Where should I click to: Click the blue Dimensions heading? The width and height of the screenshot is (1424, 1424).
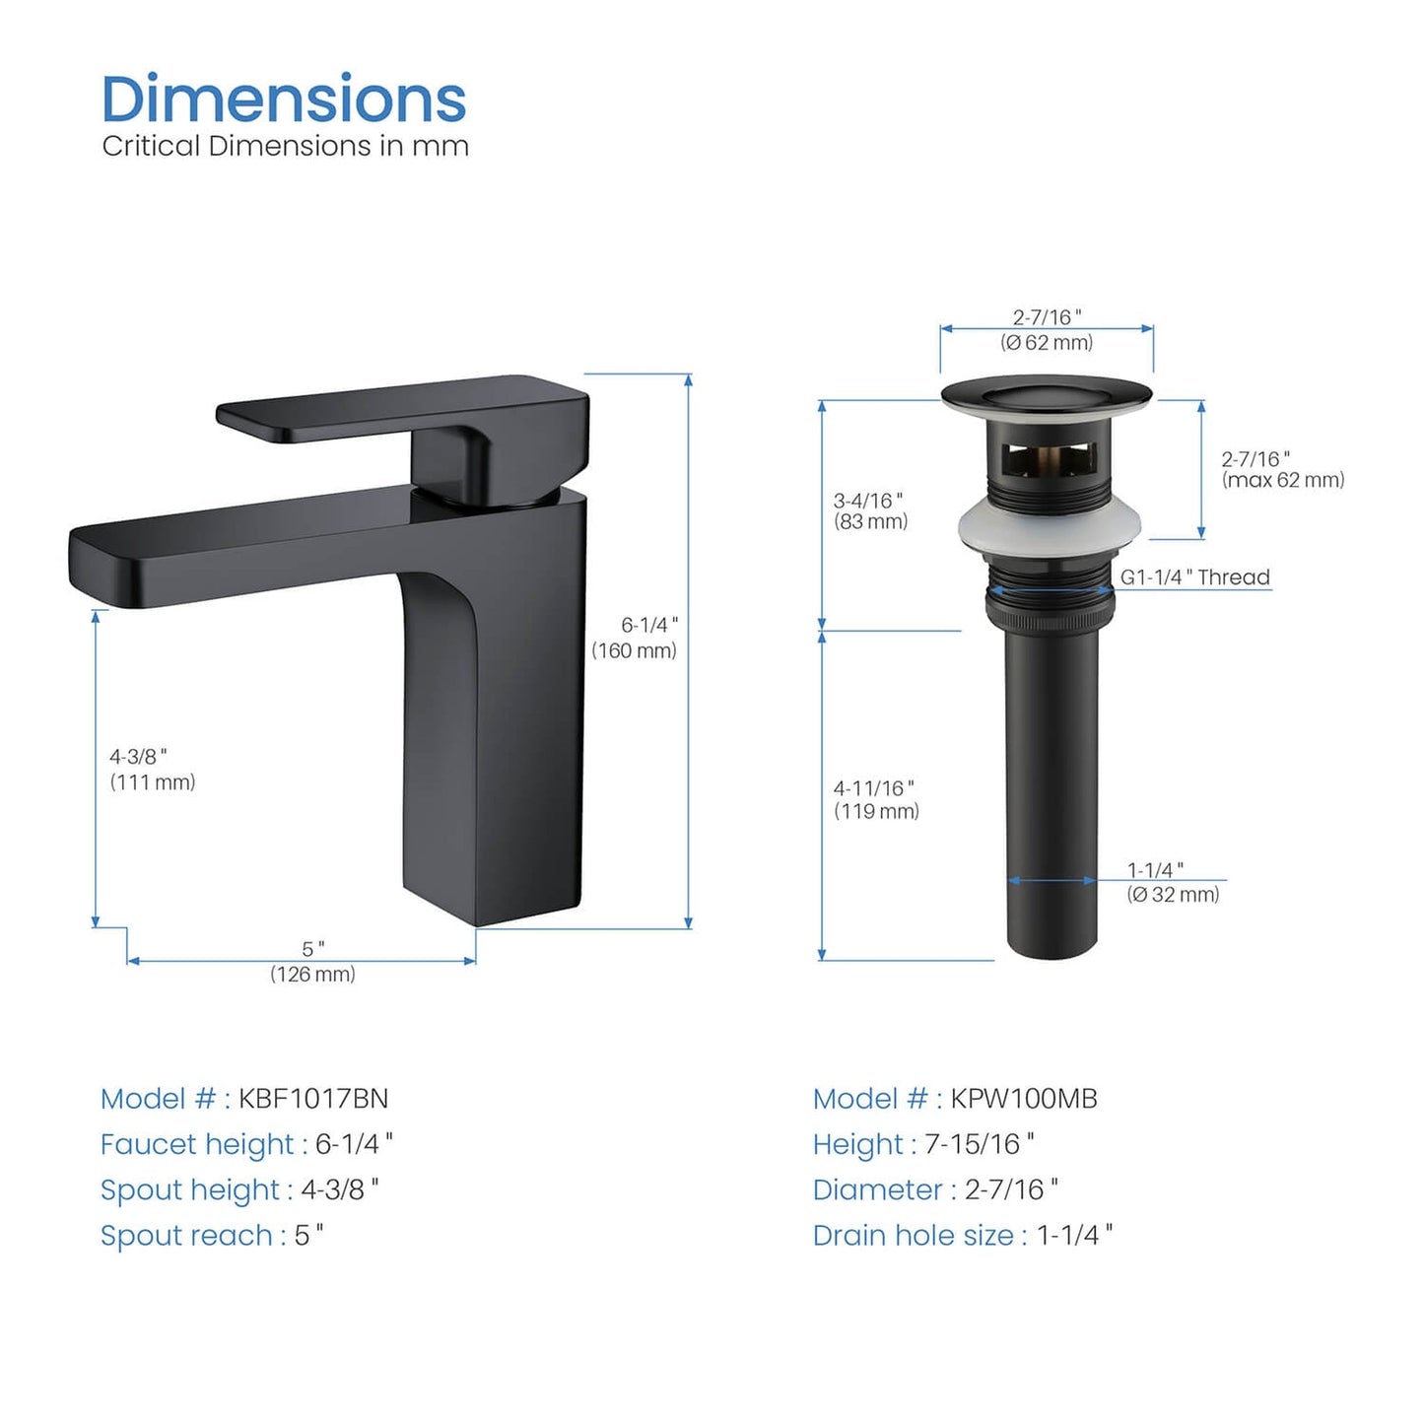[x=284, y=99]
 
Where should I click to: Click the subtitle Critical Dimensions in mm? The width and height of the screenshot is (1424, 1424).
[x=285, y=146]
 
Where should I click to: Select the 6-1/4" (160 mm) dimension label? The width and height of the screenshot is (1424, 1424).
[x=634, y=638]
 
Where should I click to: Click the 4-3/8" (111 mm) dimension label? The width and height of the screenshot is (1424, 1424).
[x=152, y=770]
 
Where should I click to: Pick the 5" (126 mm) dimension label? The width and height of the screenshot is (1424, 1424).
[x=312, y=961]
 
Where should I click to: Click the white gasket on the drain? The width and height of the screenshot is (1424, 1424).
[x=1050, y=527]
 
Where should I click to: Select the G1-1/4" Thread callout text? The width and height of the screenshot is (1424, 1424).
[x=1195, y=577]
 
